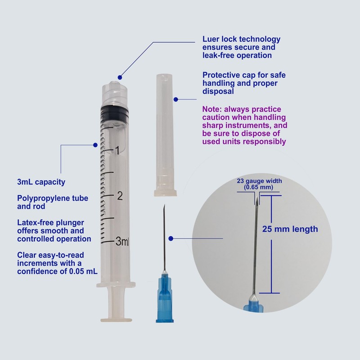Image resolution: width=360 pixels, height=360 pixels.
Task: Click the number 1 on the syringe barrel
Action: coord(117,151)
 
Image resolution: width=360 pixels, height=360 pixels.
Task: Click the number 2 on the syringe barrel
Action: coord(119,196)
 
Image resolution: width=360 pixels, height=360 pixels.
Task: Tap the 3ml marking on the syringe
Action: coord(122,242)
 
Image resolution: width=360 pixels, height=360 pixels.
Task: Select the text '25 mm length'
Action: coord(290,229)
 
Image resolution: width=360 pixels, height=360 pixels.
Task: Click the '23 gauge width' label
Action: coord(259,181)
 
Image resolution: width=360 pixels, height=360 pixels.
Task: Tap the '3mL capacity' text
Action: coord(41,182)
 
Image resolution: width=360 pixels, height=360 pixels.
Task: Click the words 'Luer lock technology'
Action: coord(241,39)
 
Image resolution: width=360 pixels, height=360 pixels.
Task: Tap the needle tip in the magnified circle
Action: coord(256,198)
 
